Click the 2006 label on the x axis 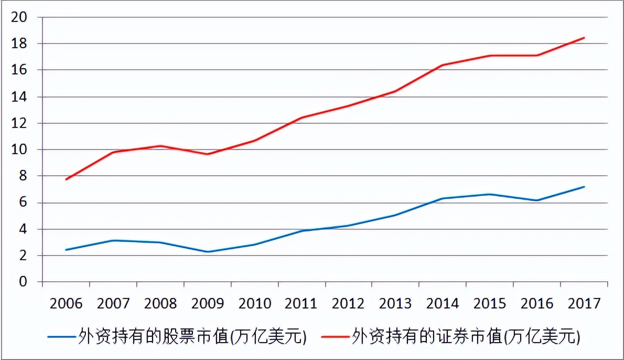click(x=66, y=303)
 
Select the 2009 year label click(x=207, y=303)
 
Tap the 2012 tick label click(x=349, y=303)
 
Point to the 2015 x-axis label click(x=490, y=303)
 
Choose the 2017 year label click(x=584, y=303)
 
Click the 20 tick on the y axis click(x=19, y=17)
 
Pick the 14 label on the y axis click(x=19, y=97)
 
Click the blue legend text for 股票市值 click(x=192, y=335)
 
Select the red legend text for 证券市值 click(x=467, y=335)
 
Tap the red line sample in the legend click(x=336, y=336)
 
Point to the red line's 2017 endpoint click(x=584, y=38)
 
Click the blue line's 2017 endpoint click(x=584, y=187)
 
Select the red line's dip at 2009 click(x=207, y=154)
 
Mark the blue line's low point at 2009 click(x=207, y=252)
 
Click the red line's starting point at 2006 click(x=66, y=179)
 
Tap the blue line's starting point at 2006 click(x=66, y=250)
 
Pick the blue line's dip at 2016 click(x=537, y=200)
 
